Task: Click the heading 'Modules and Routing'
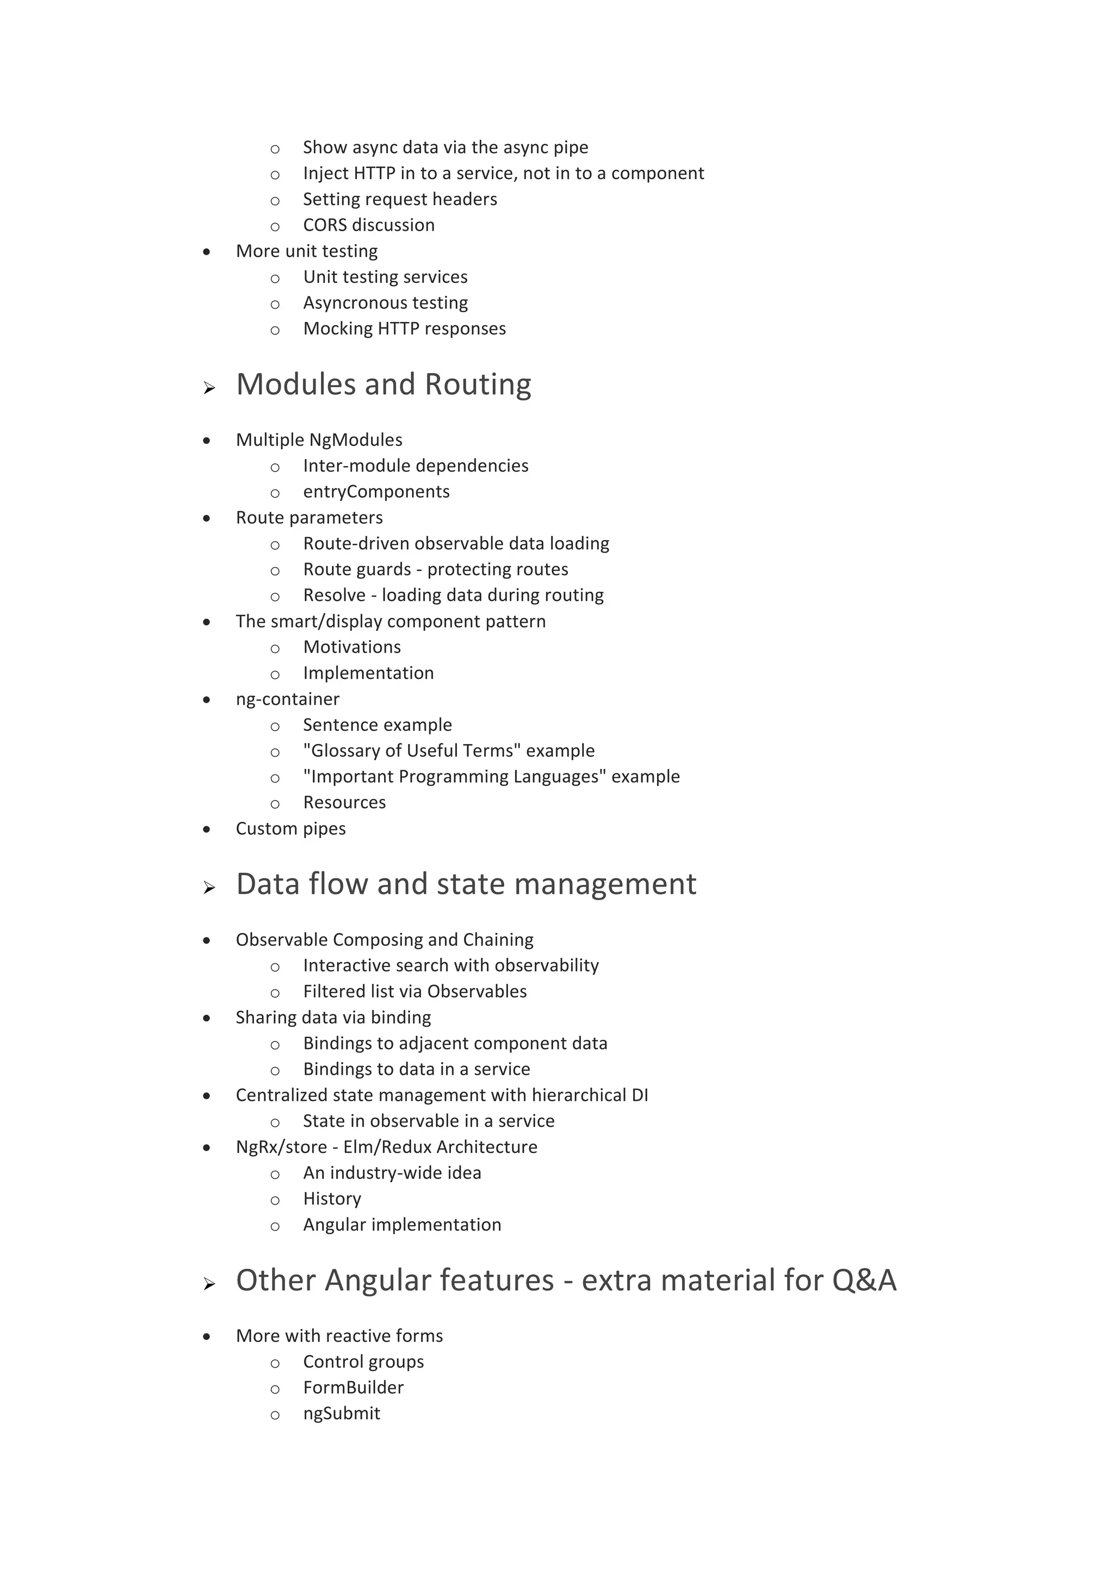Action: pos(383,385)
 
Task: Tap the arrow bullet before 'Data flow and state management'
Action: pos(209,888)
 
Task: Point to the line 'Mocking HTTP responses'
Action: pos(404,328)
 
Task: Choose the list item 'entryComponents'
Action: pos(376,492)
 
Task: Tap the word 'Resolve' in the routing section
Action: pos(334,596)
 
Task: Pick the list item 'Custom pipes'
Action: pos(290,829)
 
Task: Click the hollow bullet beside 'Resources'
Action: pos(275,803)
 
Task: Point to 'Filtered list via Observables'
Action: pos(414,991)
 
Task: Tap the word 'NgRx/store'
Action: pos(281,1147)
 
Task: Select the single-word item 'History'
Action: pos(332,1199)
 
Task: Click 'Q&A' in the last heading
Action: pos(864,1281)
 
